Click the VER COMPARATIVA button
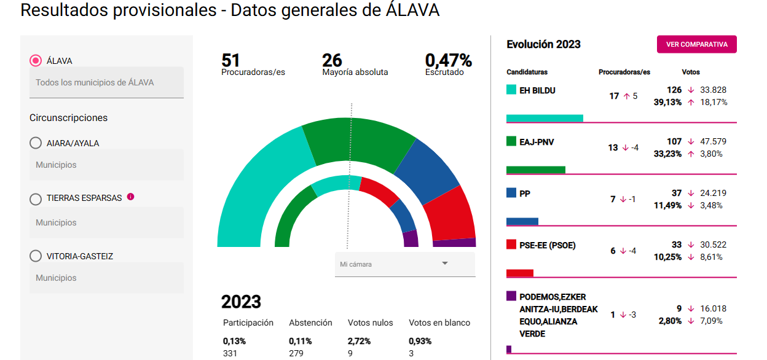[696, 44]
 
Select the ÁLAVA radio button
[36, 61]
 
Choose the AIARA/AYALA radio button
[36, 143]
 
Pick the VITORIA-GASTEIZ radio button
[36, 256]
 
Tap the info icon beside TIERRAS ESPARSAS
[130, 197]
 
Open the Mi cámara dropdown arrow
[445, 263]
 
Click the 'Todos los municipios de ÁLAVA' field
[106, 82]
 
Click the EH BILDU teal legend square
[511, 90]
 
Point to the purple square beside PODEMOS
[511, 296]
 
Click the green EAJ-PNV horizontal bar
[536, 170]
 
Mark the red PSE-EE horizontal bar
[520, 273]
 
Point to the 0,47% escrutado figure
[449, 61]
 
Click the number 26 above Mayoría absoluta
[332, 61]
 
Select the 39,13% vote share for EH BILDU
[667, 103]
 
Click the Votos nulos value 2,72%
[359, 341]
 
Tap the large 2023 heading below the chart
[241, 302]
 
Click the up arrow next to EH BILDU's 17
[627, 96]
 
